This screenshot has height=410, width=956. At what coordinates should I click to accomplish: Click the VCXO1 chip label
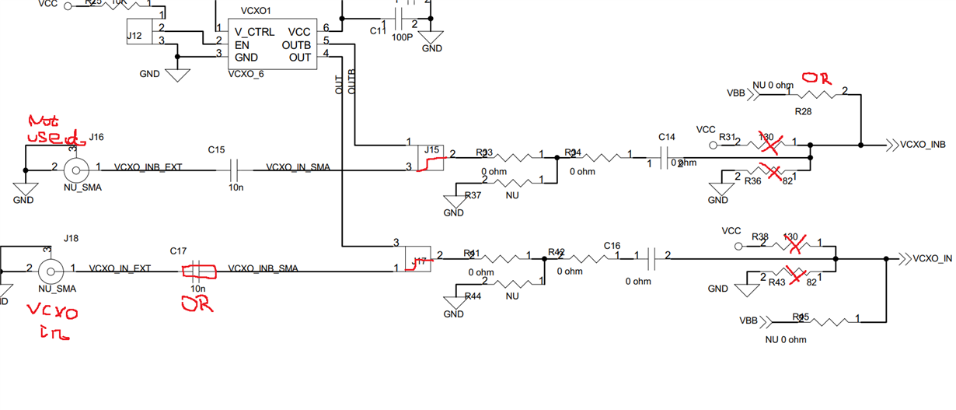coord(255,12)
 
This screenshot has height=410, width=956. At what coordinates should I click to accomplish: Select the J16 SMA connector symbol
coord(75,167)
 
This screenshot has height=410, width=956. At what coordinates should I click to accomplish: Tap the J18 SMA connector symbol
coord(52,270)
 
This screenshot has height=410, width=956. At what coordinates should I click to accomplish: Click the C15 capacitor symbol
coord(234,166)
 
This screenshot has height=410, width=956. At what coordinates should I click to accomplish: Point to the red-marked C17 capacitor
coord(198,271)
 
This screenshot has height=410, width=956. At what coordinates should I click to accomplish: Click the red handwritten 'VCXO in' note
coord(51,322)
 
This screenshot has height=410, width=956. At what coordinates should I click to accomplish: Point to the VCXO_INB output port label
coord(923,145)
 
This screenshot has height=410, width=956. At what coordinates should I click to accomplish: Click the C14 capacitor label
coord(667,137)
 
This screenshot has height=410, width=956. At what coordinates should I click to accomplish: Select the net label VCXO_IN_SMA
coord(298,166)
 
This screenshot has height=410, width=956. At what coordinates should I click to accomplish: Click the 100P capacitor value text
coord(402,37)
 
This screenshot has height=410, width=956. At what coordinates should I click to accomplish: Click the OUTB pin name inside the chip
coord(298,45)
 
